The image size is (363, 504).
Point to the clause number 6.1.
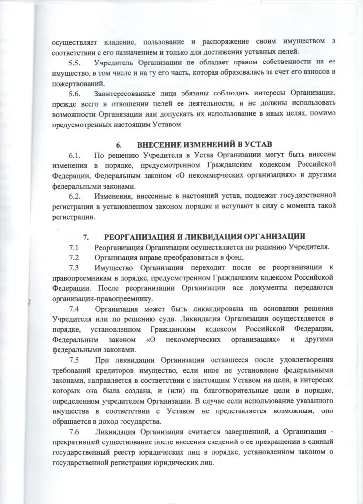[76, 156]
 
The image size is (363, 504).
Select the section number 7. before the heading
[86, 236]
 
